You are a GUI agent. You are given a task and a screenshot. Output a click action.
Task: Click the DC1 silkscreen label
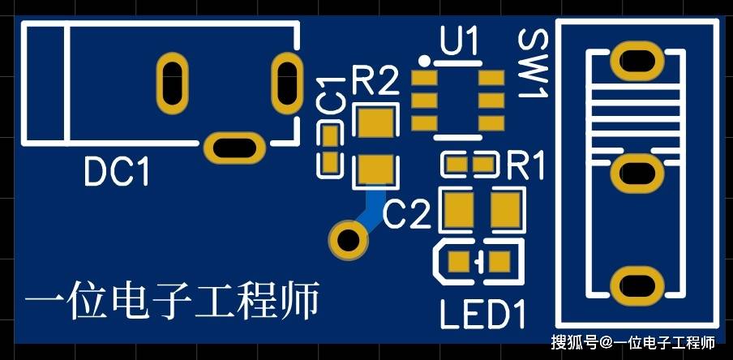tap(117, 172)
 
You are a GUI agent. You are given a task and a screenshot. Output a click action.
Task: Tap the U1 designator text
tap(459, 41)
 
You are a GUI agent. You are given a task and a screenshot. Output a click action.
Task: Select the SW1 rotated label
tap(533, 63)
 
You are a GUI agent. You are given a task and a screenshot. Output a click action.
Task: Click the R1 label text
tap(525, 165)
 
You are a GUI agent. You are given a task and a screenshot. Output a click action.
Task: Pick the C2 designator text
tap(407, 215)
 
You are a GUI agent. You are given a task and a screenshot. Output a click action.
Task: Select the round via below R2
tap(349, 240)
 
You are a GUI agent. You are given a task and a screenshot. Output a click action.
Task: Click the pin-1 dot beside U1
tap(424, 60)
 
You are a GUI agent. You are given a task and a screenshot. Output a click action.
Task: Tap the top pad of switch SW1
tap(637, 60)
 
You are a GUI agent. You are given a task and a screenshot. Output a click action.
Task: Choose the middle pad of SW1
tap(637, 173)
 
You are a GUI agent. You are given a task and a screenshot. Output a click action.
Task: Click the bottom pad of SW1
tap(637, 285)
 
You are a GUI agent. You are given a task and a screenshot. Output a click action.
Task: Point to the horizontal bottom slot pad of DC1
tap(234, 148)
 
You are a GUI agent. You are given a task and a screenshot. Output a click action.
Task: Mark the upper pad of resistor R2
tap(376, 122)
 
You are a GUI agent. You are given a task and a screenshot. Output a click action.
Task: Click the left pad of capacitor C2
tap(459, 209)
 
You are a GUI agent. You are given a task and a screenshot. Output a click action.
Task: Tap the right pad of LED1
tap(500, 262)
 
